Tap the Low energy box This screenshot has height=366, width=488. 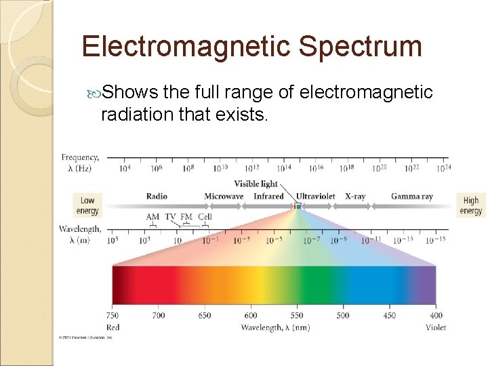click(87, 205)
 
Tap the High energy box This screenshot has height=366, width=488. click(470, 205)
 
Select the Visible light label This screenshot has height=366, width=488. click(256, 184)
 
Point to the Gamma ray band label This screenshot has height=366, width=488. click(411, 197)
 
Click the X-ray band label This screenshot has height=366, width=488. click(355, 197)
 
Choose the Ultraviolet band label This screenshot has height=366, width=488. click(315, 197)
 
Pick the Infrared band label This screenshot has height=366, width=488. click(268, 197)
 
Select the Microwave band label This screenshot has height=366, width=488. click(224, 197)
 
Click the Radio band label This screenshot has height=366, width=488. click(157, 197)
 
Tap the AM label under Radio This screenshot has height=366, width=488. click(153, 217)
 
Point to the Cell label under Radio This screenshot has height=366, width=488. click(205, 217)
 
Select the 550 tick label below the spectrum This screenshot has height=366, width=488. click(296, 315)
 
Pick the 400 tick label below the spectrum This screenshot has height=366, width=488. click(436, 315)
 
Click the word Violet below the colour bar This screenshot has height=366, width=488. click(436, 327)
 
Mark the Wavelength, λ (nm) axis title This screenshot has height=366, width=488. click(275, 328)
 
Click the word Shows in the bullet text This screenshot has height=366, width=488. click(131, 92)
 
